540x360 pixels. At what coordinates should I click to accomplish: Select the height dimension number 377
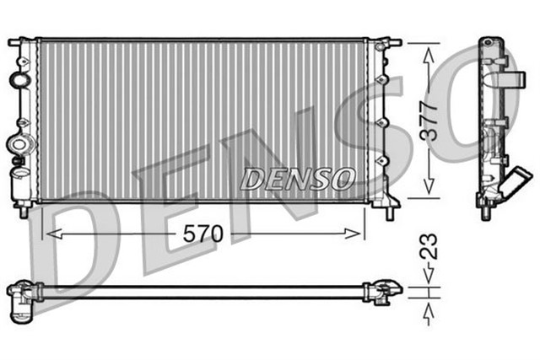(430, 120)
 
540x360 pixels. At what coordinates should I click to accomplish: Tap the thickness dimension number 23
(430, 250)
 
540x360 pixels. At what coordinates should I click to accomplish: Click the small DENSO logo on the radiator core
(298, 179)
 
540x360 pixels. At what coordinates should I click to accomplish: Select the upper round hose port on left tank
(18, 81)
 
